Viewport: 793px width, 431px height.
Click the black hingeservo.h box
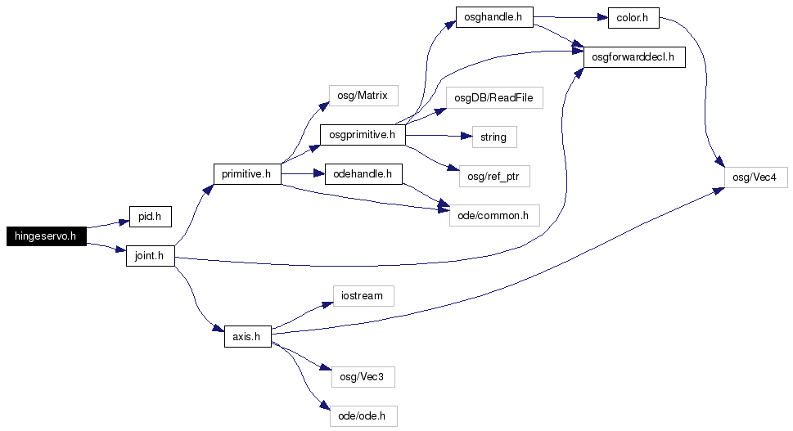tap(46, 236)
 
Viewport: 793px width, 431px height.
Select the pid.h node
tap(151, 217)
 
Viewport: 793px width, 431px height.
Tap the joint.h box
tap(151, 256)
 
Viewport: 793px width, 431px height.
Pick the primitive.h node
tap(247, 174)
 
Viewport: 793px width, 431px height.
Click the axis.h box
tap(248, 336)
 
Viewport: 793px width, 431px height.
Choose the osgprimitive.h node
tap(363, 135)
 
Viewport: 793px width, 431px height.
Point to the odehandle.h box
tap(363, 174)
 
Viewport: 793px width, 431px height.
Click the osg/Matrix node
tap(363, 96)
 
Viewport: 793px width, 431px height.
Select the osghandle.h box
tap(494, 17)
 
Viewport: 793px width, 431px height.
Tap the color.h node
tap(633, 18)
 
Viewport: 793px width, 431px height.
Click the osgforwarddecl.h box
tap(635, 57)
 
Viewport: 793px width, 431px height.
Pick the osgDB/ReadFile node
tap(494, 97)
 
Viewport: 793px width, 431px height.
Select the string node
tap(494, 137)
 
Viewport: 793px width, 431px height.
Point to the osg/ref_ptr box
tap(494, 177)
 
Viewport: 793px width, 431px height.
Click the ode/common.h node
tap(494, 216)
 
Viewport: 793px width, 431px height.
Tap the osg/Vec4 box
tap(756, 177)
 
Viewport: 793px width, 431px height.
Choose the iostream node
tap(363, 295)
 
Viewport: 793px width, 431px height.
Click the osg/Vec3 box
tap(363, 377)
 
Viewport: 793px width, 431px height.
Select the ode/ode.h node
tap(363, 415)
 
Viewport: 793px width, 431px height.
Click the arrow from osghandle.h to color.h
tap(570, 17)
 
